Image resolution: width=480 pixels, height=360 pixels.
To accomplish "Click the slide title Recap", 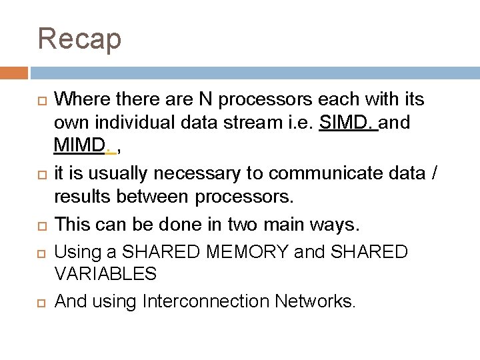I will pyautogui.click(x=80, y=38).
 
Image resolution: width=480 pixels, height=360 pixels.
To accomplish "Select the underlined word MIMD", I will pyautogui.click(x=81, y=145).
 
